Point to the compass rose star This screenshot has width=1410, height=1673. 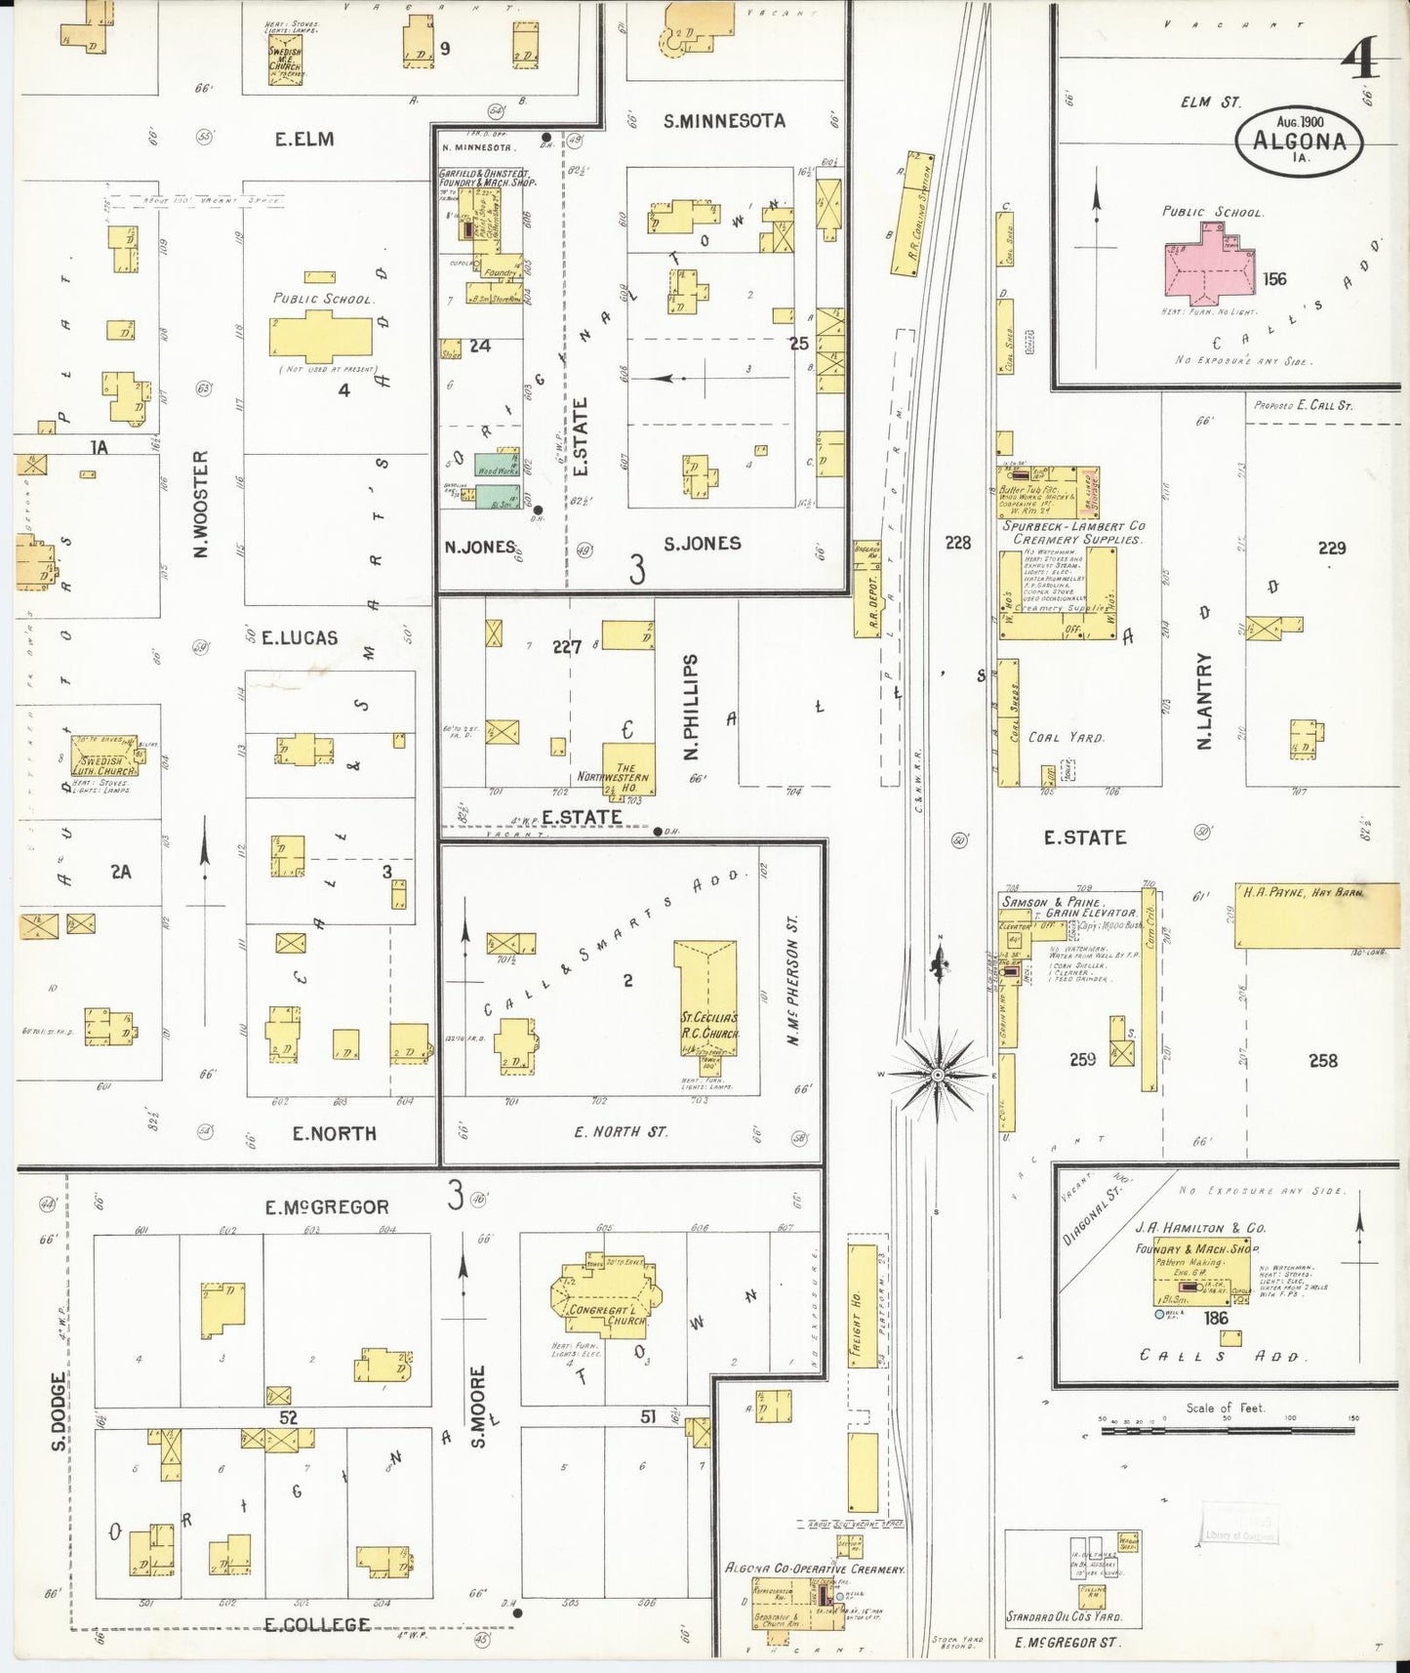[x=937, y=1075]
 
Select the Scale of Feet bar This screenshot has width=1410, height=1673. [x=1228, y=1431]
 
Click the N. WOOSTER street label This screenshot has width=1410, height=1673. [x=201, y=504]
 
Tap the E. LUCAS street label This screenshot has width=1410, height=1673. [x=300, y=637]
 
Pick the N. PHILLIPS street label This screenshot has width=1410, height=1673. [x=692, y=708]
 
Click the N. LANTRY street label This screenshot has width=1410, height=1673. [x=1204, y=701]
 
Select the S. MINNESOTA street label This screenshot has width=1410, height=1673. [x=724, y=121]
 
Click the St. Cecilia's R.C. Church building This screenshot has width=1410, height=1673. [x=705, y=1000]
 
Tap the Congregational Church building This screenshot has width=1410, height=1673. [x=606, y=1303]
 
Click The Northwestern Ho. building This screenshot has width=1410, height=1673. [x=627, y=769]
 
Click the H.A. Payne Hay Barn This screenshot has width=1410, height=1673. [x=1303, y=915]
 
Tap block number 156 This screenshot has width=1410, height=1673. [x=1274, y=279]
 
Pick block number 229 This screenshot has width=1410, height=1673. [x=1331, y=548]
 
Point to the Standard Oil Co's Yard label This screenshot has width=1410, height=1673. [x=1064, y=1616]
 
